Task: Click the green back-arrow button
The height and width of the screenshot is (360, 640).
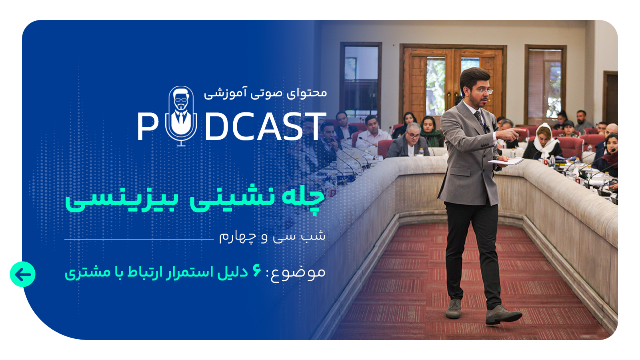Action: point(22,274)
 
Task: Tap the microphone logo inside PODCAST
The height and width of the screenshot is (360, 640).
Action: point(181,116)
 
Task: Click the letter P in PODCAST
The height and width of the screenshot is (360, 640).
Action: point(148,126)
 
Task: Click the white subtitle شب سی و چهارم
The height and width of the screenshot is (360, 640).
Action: point(272,237)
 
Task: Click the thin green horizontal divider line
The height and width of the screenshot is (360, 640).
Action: point(139,239)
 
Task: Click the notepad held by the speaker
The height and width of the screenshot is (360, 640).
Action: point(506,162)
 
